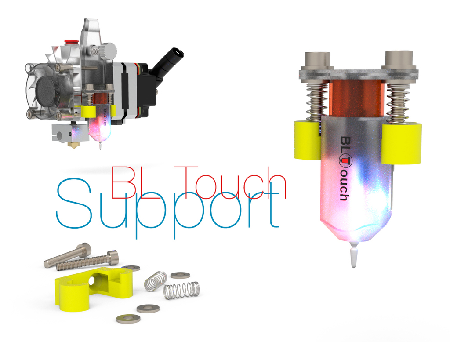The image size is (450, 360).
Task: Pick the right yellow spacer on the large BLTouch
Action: [401, 143]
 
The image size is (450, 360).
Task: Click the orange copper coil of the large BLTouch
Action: [356, 99]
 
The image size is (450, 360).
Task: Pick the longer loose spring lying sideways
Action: [181, 291]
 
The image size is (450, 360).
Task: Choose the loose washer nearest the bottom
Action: [128, 318]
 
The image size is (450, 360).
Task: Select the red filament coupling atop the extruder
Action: [69, 43]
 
